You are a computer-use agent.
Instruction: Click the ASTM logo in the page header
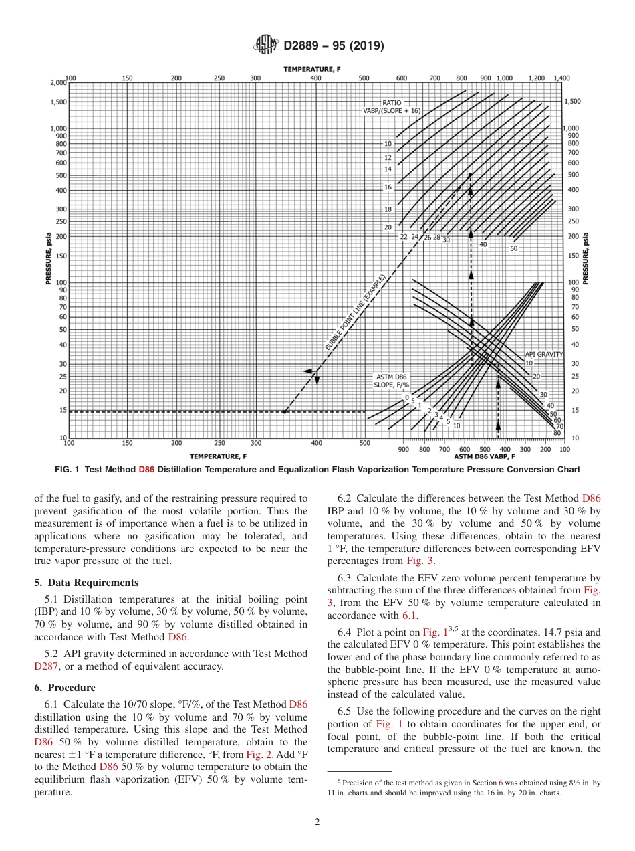(x=266, y=45)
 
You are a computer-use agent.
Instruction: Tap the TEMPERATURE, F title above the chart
(x=311, y=69)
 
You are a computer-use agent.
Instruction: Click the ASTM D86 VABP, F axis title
(x=485, y=456)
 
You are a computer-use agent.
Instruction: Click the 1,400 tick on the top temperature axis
(x=561, y=78)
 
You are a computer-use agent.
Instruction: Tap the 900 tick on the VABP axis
(x=403, y=450)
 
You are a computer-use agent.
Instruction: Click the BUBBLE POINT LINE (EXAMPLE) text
(x=356, y=312)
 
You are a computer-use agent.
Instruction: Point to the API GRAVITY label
(x=543, y=354)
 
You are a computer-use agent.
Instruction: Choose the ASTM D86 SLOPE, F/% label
(x=391, y=381)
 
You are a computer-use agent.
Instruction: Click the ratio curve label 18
(x=388, y=209)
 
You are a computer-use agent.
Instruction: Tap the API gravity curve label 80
(x=557, y=432)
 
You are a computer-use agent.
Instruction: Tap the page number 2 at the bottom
(x=317, y=822)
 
